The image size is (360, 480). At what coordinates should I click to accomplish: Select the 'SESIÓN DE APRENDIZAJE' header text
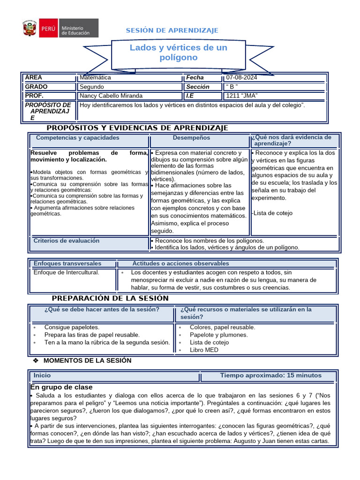coord(172,30)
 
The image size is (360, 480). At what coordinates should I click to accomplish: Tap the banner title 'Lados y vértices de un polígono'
coord(178,52)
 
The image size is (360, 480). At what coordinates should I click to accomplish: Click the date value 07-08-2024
coord(241,78)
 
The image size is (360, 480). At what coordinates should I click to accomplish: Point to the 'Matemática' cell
coord(95,78)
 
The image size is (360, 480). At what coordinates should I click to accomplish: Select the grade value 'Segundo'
coord(92,87)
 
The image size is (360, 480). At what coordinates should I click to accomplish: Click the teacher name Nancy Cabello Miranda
coord(111,96)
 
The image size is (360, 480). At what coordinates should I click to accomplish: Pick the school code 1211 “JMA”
coord(242,96)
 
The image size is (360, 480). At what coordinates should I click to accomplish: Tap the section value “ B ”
coord(232,87)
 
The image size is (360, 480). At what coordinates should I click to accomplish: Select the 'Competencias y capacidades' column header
coord(77,138)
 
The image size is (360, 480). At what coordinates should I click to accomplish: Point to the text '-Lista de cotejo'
coord(272,213)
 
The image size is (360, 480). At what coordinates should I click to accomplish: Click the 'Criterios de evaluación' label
coord(66,240)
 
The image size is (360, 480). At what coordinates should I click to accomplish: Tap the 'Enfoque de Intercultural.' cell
coord(66,272)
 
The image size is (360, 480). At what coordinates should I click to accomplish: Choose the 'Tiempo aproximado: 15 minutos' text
coord(270,375)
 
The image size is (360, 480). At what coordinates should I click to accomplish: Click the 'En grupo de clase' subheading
coord(61,387)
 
